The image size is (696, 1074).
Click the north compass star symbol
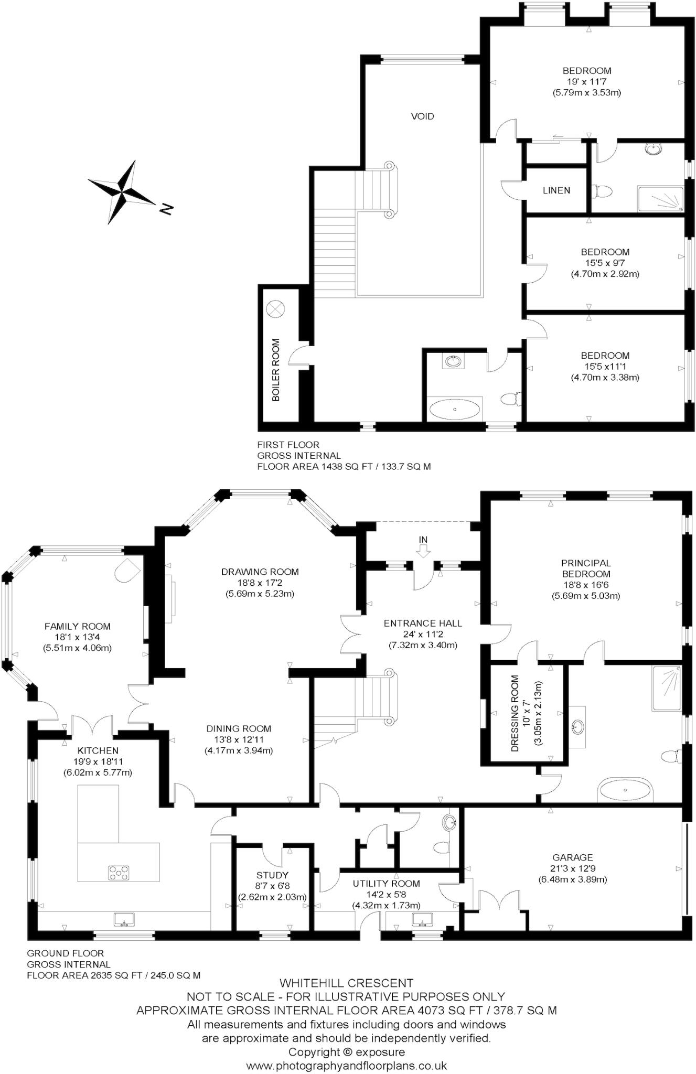tap(122, 192)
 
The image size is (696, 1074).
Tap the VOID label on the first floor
tap(422, 116)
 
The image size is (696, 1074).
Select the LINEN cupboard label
tap(556, 190)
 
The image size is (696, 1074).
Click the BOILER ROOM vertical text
tap(276, 370)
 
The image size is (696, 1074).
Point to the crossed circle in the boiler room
tap(275, 309)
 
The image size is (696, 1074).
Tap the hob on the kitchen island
tap(119, 873)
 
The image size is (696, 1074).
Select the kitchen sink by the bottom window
tap(124, 919)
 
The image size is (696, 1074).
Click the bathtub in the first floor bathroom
tap(455, 409)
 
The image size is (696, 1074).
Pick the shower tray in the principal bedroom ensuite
tap(667, 689)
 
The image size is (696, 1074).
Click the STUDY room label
tap(272, 875)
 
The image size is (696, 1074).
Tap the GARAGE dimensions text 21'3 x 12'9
tap(572, 868)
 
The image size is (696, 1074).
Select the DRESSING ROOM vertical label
tap(515, 713)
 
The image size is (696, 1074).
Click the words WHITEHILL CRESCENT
tap(346, 983)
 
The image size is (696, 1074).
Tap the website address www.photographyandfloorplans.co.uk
tap(346, 1066)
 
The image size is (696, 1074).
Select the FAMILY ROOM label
tap(77, 626)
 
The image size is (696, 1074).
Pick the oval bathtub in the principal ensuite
tap(625, 790)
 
